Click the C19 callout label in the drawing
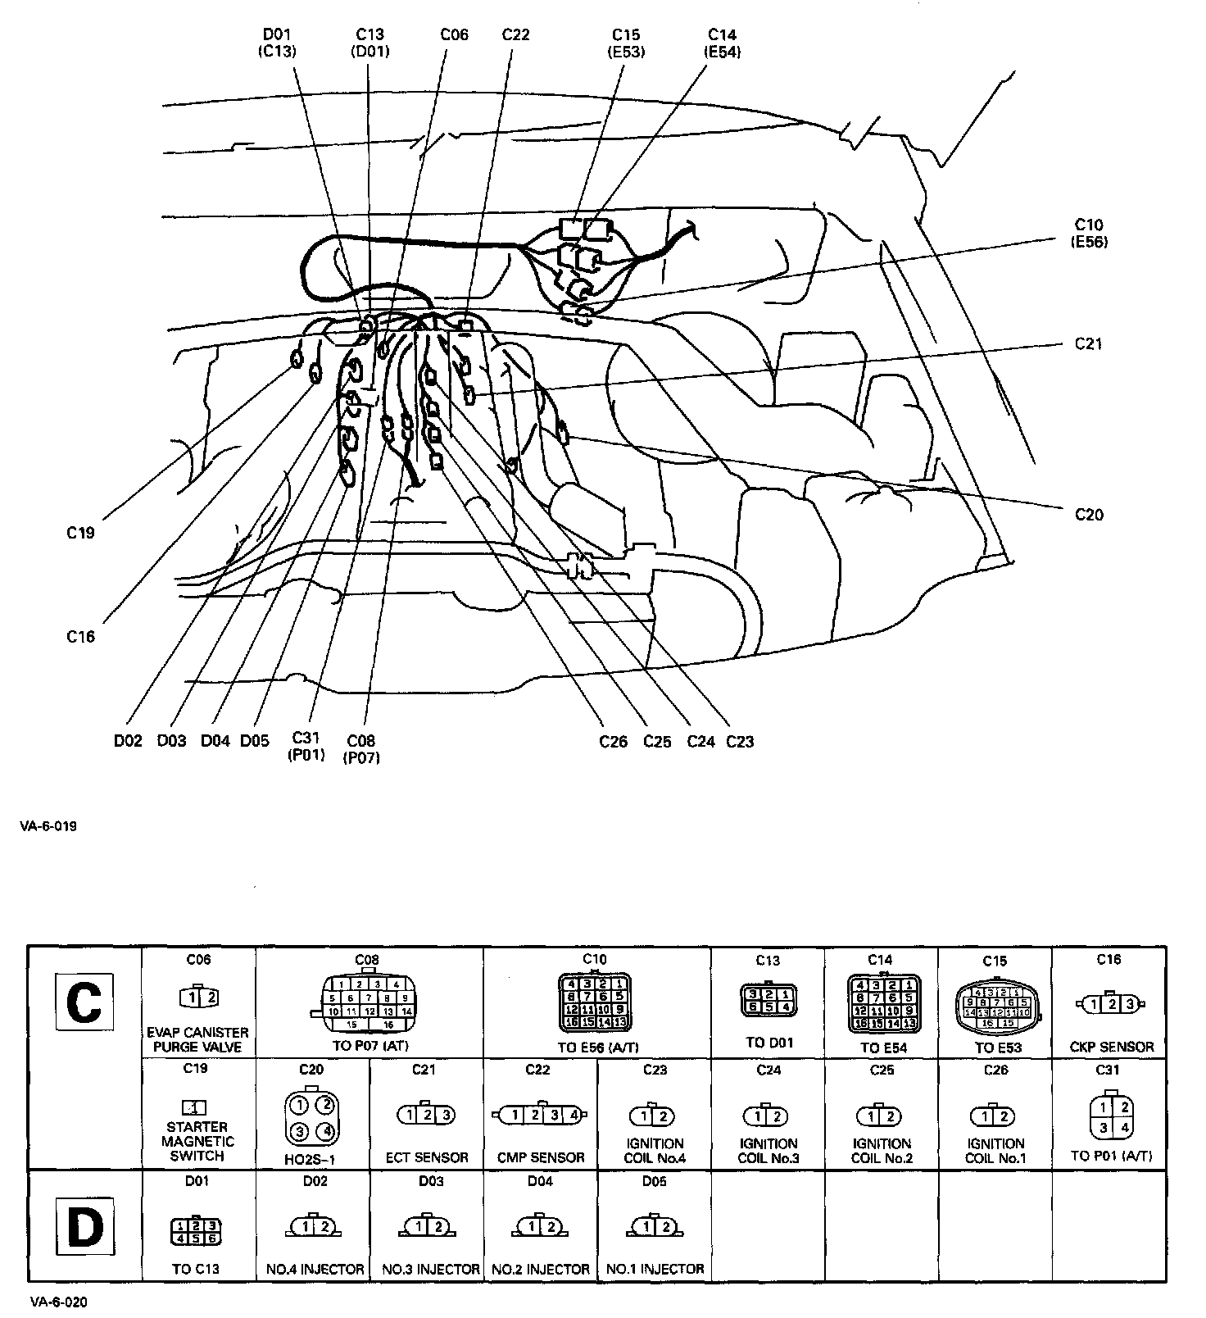click(80, 533)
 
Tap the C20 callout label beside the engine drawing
click(1089, 515)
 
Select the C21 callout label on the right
click(1088, 343)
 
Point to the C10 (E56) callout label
click(1089, 233)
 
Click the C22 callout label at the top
click(515, 34)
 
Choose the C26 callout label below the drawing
click(613, 742)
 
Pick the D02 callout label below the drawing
click(128, 741)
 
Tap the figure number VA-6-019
click(48, 826)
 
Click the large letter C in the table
click(84, 1002)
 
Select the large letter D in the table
click(84, 1228)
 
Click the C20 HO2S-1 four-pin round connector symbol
click(312, 1117)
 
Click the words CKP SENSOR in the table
click(1111, 1047)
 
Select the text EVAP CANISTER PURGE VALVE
click(198, 1039)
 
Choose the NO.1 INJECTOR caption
click(655, 1269)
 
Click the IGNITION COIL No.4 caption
click(654, 1151)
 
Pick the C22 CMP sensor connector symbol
click(540, 1115)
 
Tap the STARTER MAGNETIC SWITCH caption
click(197, 1141)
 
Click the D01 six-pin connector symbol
click(196, 1231)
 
